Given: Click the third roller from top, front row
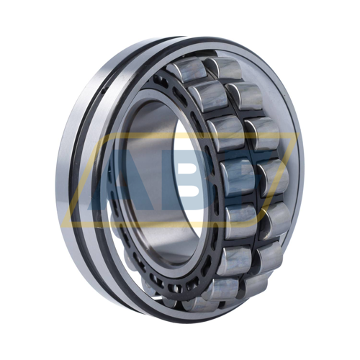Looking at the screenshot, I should (x=225, y=133).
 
